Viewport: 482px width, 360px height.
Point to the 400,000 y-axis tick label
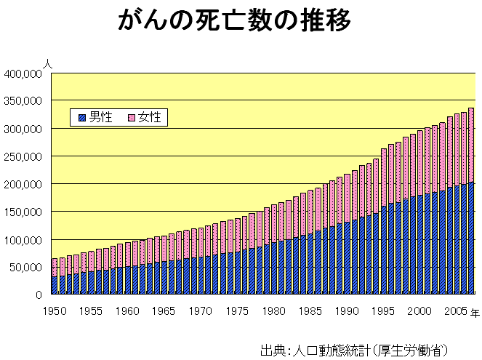pos(23,73)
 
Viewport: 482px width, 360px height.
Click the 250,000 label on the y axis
pos(23,156)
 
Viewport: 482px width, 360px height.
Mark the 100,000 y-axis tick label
pos(23,240)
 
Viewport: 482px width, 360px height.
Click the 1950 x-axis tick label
pos(55,311)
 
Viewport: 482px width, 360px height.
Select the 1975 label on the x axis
pos(237,311)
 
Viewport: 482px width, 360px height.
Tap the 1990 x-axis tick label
pos(347,311)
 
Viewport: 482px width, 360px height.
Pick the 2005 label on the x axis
pos(454,311)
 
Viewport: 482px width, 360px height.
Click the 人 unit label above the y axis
pos(47,64)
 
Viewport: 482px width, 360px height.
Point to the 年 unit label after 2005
pos(473,312)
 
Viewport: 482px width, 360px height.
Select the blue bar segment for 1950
pos(55,285)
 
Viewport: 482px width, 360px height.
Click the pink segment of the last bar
pos(471,145)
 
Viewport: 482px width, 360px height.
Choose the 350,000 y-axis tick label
pos(23,101)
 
